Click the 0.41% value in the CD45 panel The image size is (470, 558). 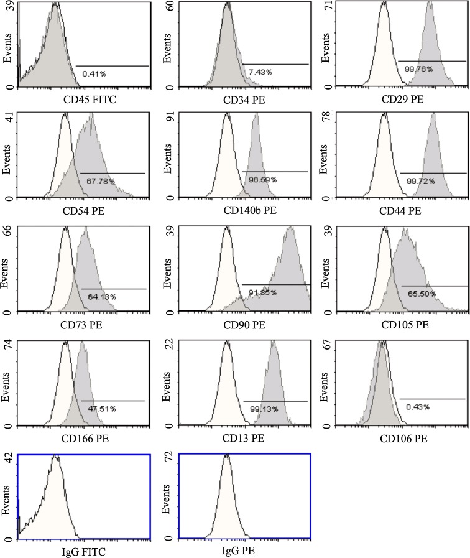[94, 73]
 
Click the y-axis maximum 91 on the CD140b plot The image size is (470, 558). [168, 119]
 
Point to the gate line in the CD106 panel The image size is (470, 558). [432, 399]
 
